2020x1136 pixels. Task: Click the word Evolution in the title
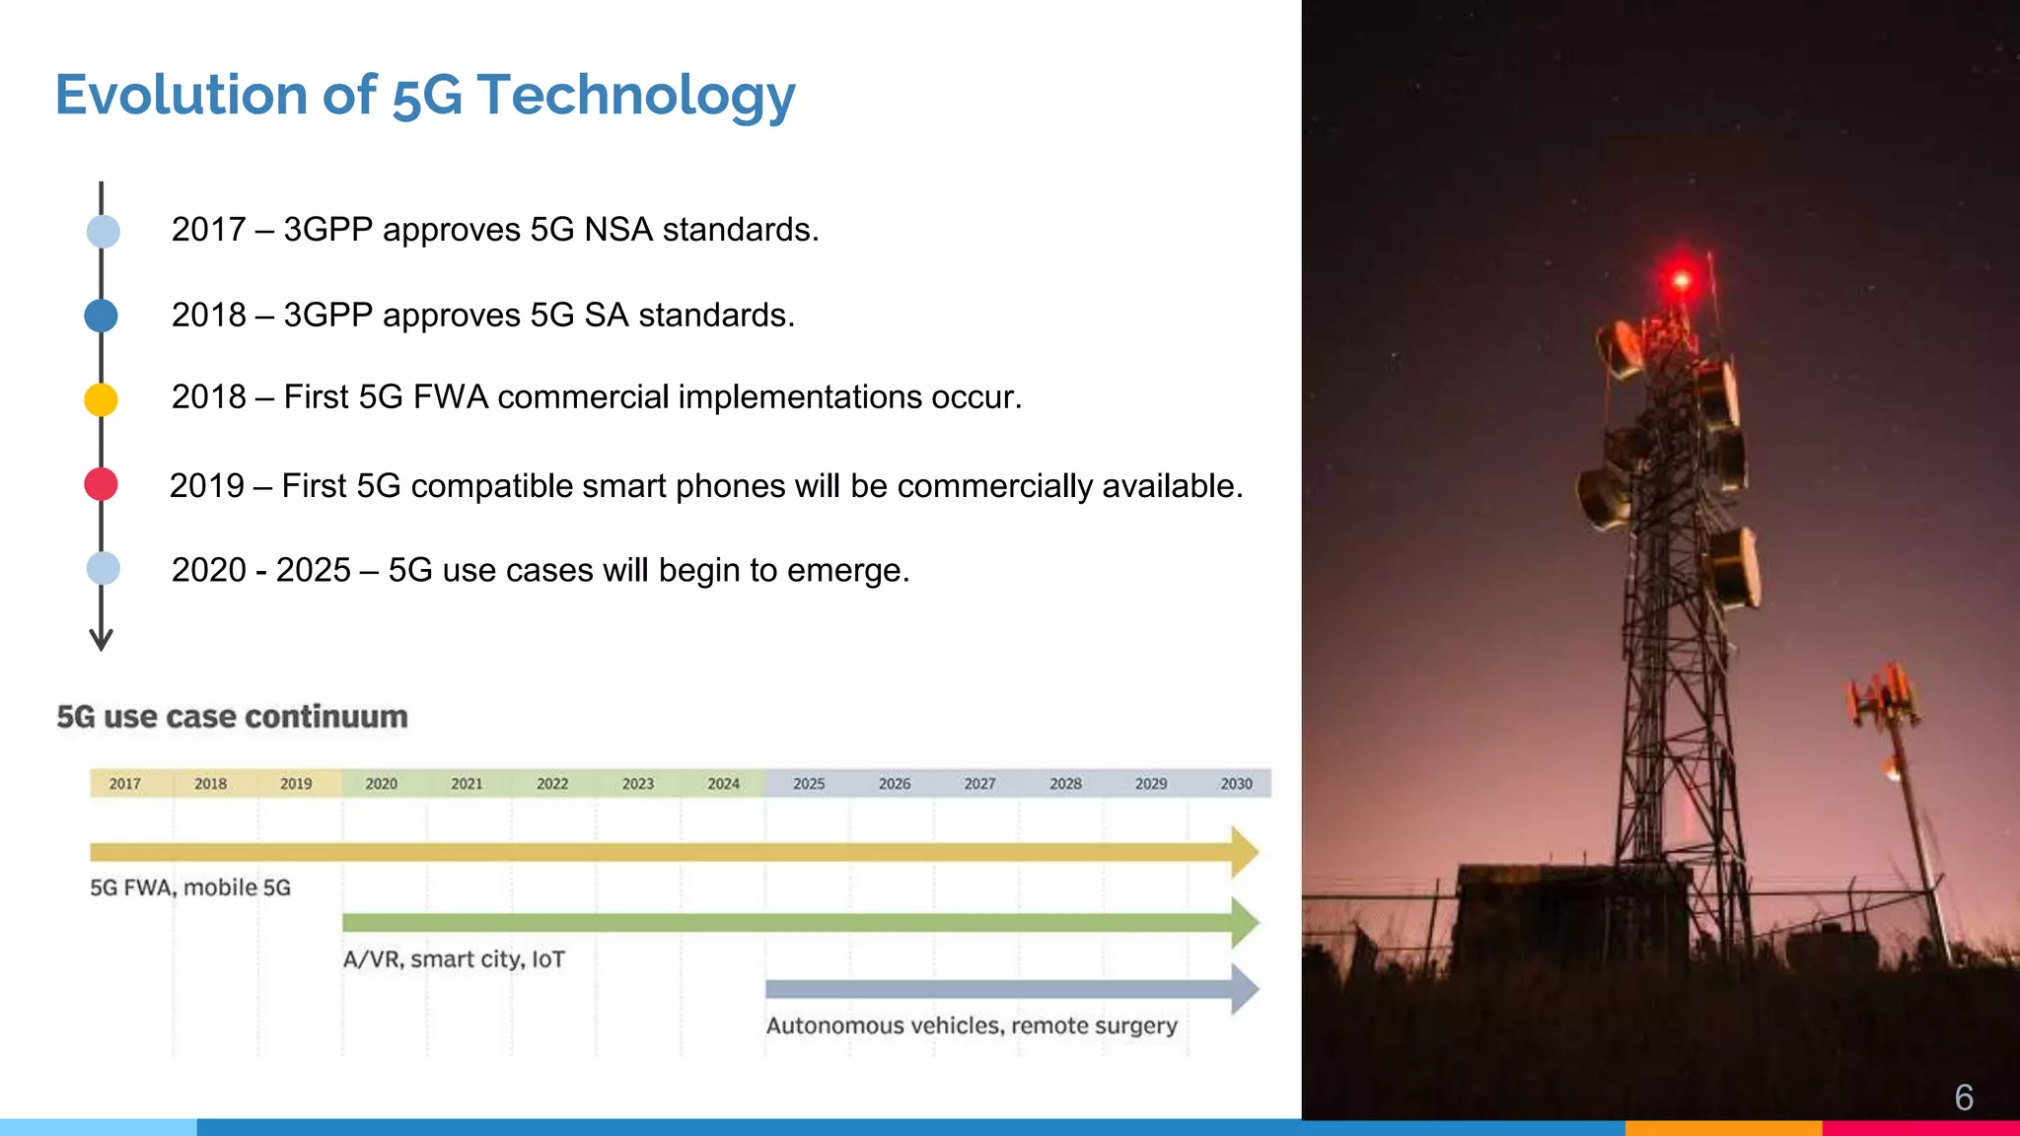click(180, 95)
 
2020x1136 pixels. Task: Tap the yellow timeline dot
click(101, 399)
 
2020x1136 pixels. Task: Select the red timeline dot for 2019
click(101, 484)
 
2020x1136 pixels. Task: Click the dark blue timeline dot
click(101, 316)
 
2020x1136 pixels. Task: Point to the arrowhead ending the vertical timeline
click(101, 641)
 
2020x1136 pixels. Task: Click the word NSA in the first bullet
click(618, 230)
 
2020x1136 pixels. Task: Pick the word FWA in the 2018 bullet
click(451, 397)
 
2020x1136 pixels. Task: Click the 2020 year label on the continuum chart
click(381, 784)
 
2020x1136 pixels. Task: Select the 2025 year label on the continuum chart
click(809, 784)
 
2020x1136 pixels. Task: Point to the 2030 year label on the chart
click(1236, 784)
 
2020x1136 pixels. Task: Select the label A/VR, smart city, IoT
click(454, 959)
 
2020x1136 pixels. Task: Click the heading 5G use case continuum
click(232, 717)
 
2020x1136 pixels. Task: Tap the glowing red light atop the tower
click(1681, 280)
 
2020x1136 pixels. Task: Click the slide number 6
click(1963, 1098)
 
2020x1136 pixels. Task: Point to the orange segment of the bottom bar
click(1722, 1127)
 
